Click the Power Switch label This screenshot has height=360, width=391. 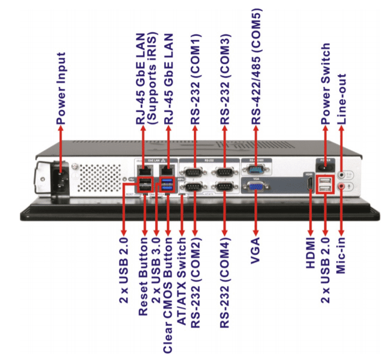(325, 85)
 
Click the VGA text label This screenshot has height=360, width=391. (256, 256)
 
